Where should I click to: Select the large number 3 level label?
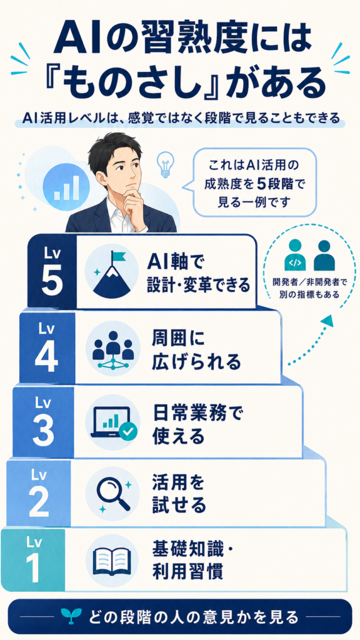point(43,431)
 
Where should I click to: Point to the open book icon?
point(112,563)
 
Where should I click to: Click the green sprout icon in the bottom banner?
point(67,617)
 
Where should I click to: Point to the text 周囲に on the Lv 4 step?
point(177,339)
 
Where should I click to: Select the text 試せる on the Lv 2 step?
point(179,506)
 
